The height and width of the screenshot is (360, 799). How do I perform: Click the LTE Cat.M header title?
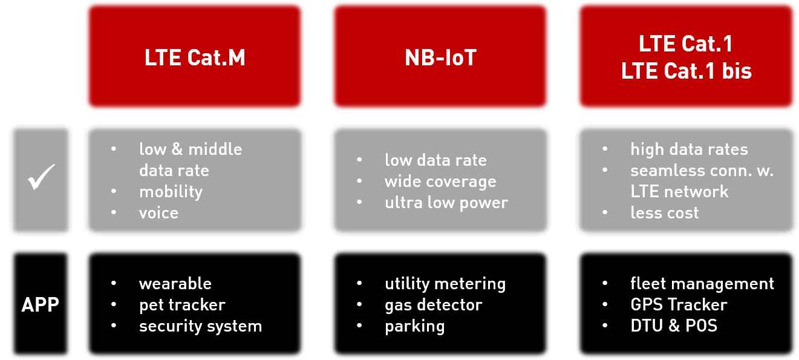[195, 57]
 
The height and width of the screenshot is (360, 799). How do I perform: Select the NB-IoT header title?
[440, 57]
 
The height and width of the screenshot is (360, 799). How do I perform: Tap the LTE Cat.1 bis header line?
[686, 71]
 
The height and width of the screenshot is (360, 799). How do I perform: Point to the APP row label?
[41, 305]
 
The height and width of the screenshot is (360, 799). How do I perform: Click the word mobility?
[171, 192]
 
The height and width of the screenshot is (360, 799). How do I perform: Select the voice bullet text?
[158, 213]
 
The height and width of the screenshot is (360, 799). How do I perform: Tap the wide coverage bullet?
[440, 182]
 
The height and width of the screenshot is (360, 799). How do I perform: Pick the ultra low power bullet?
[446, 203]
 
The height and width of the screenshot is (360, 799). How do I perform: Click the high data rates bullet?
[689, 149]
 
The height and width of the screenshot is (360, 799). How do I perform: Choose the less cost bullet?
[664, 213]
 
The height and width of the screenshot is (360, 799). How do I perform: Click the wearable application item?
[175, 284]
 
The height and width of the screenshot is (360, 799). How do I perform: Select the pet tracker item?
[182, 305]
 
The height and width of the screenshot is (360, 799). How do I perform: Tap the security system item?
[200, 326]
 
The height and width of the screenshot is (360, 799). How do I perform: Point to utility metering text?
[445, 284]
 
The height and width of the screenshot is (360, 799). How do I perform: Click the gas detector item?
[434, 305]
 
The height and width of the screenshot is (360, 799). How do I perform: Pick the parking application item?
[414, 327]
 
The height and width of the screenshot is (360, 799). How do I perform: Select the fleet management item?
[702, 284]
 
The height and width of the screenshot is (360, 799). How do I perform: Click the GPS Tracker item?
[679, 305]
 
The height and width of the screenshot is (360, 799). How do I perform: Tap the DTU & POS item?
[674, 326]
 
